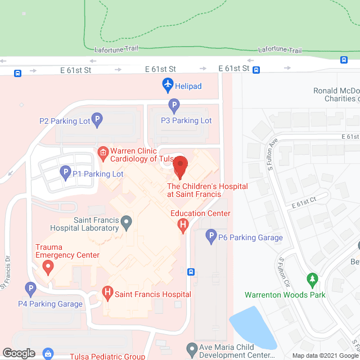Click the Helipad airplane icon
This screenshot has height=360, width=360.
[x=168, y=86]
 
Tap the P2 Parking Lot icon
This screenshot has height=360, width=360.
[x=97, y=119]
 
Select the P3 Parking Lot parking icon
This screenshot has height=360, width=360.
[x=174, y=105]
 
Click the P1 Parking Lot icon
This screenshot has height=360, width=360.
[x=65, y=174]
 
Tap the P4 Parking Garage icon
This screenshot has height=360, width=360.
[x=31, y=289]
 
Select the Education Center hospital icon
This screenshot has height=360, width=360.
[x=182, y=226]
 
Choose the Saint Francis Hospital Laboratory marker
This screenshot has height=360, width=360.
[x=127, y=223]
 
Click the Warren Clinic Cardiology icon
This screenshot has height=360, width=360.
[x=102, y=151]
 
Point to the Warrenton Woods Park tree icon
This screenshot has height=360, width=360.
[x=311, y=279]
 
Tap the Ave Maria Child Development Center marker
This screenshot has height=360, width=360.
[x=192, y=348]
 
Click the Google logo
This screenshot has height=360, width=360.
[x=19, y=353]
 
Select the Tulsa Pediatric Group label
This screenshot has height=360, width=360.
[x=107, y=356]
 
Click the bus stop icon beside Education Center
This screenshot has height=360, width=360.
[x=191, y=272]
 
